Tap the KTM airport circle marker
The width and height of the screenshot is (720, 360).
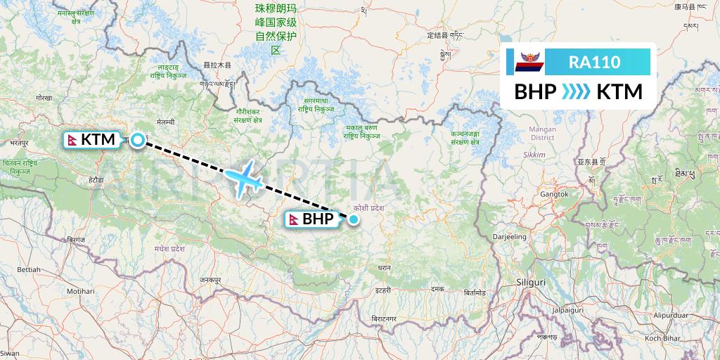pos(138,140)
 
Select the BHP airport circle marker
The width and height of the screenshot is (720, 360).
pos(354,219)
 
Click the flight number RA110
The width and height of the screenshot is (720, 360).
pos(594,62)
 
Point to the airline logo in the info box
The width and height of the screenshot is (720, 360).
pos(525,63)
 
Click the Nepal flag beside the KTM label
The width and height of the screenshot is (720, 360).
pos(72,139)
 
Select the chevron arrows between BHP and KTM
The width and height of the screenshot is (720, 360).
pos(577,91)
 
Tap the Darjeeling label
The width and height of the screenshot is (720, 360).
pos(509,237)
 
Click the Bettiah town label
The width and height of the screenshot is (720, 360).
pos(29,269)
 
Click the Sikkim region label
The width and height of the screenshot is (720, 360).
pos(534,153)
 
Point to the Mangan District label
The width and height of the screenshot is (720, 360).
pos(542,133)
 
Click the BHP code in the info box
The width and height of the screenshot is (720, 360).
pos(536,91)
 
